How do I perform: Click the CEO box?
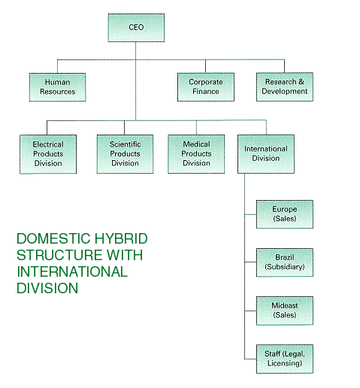[x=136, y=28]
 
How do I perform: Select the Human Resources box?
[x=57, y=87]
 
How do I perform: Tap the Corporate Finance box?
[x=206, y=87]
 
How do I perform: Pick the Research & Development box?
[x=285, y=86]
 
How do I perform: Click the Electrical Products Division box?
[x=48, y=154]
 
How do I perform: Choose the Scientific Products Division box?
[x=125, y=154]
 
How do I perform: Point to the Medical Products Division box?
[x=196, y=154]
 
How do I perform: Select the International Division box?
[x=266, y=154]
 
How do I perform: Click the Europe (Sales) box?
[x=285, y=214]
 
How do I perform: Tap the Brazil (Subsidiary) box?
[x=285, y=262]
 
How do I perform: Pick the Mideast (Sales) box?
[x=285, y=311]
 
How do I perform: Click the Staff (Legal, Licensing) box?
[x=285, y=359]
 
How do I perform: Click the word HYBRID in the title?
[x=121, y=238]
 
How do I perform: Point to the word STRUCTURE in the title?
[x=59, y=255]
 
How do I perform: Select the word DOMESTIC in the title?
[x=53, y=238]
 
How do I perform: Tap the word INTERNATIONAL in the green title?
[x=72, y=271]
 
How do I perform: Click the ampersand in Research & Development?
[x=301, y=82]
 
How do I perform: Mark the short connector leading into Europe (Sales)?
[x=250, y=214]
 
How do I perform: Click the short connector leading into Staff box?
[x=250, y=359]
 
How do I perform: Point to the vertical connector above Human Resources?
[x=57, y=66]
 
